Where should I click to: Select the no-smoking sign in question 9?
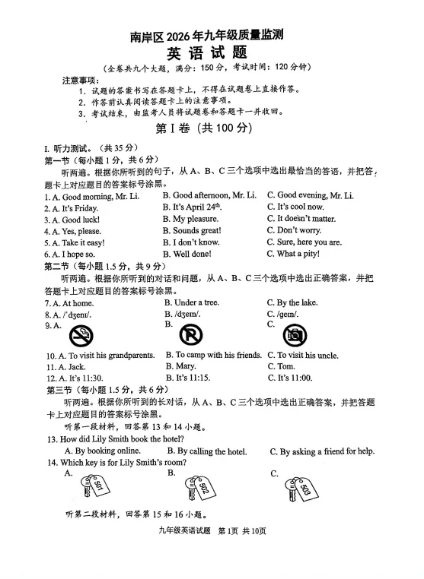coord(81,334)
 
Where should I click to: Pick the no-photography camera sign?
coord(295,334)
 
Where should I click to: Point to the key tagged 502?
coord(200,487)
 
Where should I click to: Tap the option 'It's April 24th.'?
coord(196,207)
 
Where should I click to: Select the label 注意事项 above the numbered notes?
coord(81,79)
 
